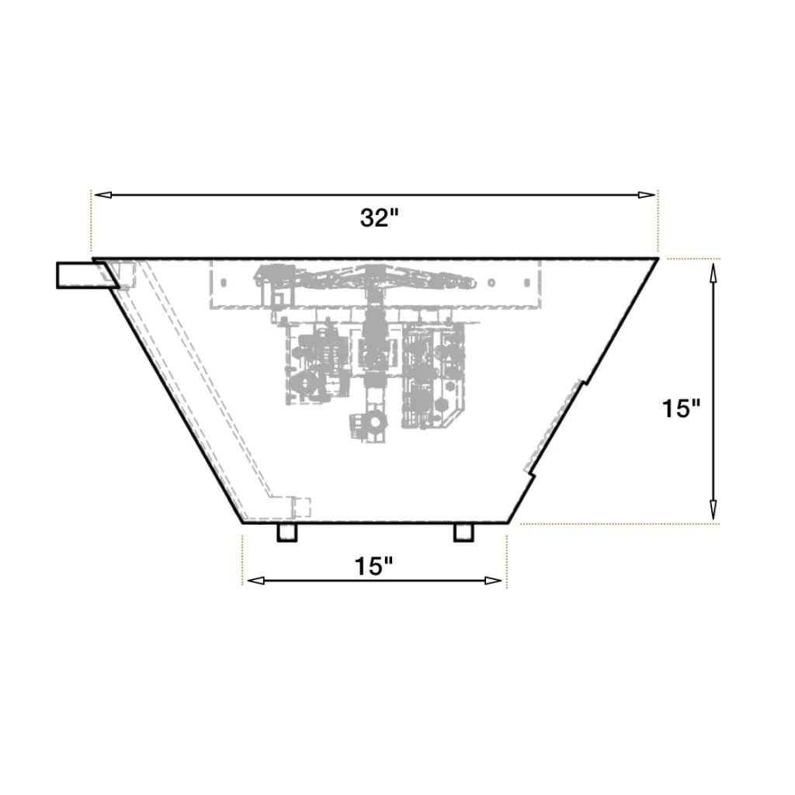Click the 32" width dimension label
379,218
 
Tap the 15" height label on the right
681,408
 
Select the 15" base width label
373,566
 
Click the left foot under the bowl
287,533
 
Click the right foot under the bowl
463,533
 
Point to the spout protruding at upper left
87,276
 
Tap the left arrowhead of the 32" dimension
103,195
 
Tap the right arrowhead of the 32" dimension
647,195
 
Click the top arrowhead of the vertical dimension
713,273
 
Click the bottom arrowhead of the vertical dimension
713,509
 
